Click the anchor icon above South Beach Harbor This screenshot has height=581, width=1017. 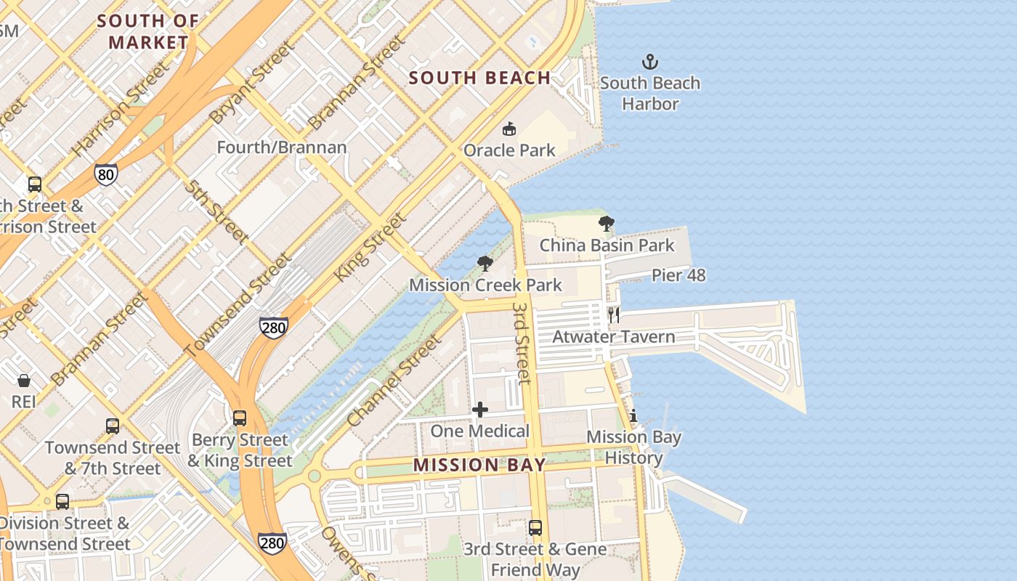click(x=650, y=62)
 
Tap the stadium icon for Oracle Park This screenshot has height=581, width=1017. click(x=509, y=129)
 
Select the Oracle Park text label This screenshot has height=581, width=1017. click(x=509, y=150)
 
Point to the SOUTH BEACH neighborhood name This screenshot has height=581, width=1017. click(x=479, y=78)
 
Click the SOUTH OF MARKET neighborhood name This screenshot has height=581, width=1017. click(x=148, y=32)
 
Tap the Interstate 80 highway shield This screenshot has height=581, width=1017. click(x=105, y=174)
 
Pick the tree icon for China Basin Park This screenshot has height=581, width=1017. click(x=606, y=224)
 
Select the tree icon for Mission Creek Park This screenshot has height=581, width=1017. click(x=485, y=264)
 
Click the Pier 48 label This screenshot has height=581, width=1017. click(x=678, y=275)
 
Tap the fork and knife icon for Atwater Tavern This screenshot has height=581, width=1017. click(x=614, y=315)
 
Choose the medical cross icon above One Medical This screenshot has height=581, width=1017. click(x=480, y=410)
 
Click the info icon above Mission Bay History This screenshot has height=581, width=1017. click(x=633, y=416)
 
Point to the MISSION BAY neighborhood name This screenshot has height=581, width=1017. click(x=479, y=465)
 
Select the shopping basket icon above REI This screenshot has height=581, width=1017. click(x=24, y=381)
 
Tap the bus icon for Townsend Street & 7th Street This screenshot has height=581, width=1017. click(x=113, y=426)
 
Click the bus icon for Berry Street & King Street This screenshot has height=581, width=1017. click(x=240, y=418)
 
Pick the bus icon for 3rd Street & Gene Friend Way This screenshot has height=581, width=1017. click(x=535, y=528)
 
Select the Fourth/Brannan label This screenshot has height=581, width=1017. click(x=282, y=147)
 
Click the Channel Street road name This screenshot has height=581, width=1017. click(x=394, y=381)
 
